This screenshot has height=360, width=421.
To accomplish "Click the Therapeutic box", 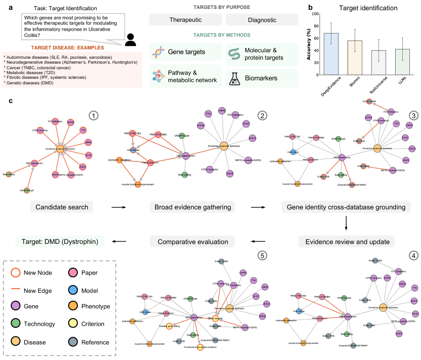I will [185, 20].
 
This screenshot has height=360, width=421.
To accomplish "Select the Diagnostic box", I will [262, 20].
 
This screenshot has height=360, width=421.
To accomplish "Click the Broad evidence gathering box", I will [193, 207].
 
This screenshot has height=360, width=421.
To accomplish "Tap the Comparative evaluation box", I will [193, 242].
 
